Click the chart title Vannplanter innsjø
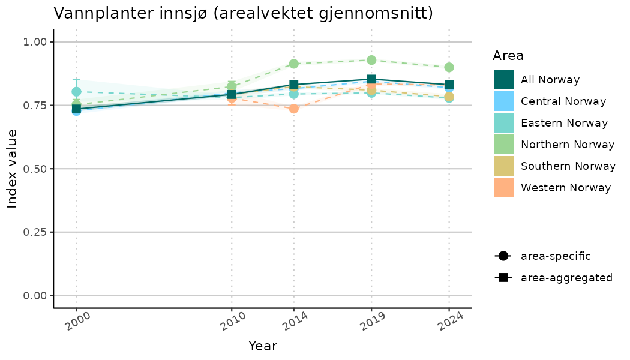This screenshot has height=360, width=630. (243, 13)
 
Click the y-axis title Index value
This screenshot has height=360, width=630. (13, 169)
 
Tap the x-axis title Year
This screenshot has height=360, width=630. (263, 346)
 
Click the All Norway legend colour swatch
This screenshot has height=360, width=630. (503, 80)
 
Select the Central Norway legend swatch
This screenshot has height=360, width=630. (503, 101)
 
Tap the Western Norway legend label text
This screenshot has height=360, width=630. (566, 188)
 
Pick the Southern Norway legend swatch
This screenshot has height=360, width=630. (503, 166)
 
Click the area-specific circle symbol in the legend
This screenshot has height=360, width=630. (503, 256)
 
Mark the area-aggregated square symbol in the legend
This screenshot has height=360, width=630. (503, 278)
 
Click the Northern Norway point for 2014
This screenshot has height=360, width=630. (293, 64)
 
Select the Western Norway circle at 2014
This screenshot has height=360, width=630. (293, 109)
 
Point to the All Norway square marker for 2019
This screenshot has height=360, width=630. (371, 79)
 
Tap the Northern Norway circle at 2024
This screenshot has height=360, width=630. (449, 67)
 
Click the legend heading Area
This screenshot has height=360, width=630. (508, 56)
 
